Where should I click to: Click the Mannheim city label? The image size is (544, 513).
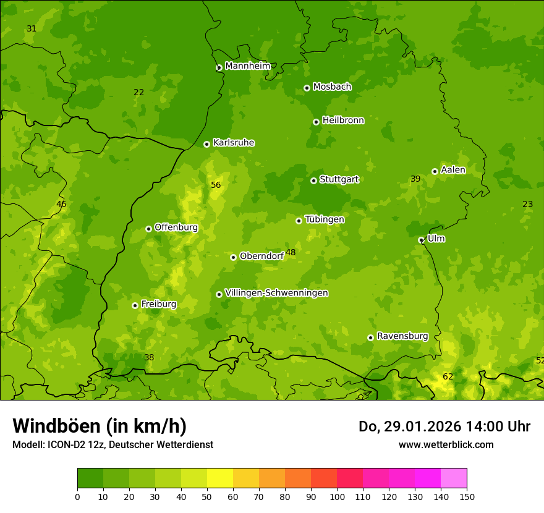click(x=247, y=66)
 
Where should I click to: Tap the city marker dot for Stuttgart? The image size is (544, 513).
click(x=313, y=180)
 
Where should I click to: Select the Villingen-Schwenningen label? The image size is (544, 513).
click(x=276, y=293)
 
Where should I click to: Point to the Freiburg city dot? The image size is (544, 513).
click(x=135, y=305)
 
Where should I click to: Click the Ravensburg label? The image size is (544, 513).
click(x=402, y=336)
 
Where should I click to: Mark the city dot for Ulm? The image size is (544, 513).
click(x=421, y=240)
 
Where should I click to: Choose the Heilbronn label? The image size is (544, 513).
click(x=343, y=121)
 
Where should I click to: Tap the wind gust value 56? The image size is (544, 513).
click(x=216, y=185)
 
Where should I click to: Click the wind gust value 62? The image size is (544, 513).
click(x=448, y=376)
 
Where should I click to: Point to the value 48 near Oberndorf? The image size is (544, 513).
click(x=291, y=252)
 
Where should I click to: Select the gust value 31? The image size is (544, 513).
click(x=32, y=29)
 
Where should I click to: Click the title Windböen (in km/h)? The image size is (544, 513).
click(x=100, y=426)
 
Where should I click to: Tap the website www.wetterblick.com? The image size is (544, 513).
click(x=446, y=444)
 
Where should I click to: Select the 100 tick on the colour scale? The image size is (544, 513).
click(x=337, y=496)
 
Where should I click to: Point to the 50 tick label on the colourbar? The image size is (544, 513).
click(x=207, y=496)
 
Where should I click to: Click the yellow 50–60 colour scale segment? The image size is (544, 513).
click(x=220, y=478)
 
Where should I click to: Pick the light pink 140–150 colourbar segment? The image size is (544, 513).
click(x=454, y=478)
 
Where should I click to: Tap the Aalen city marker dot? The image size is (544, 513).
click(x=435, y=171)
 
